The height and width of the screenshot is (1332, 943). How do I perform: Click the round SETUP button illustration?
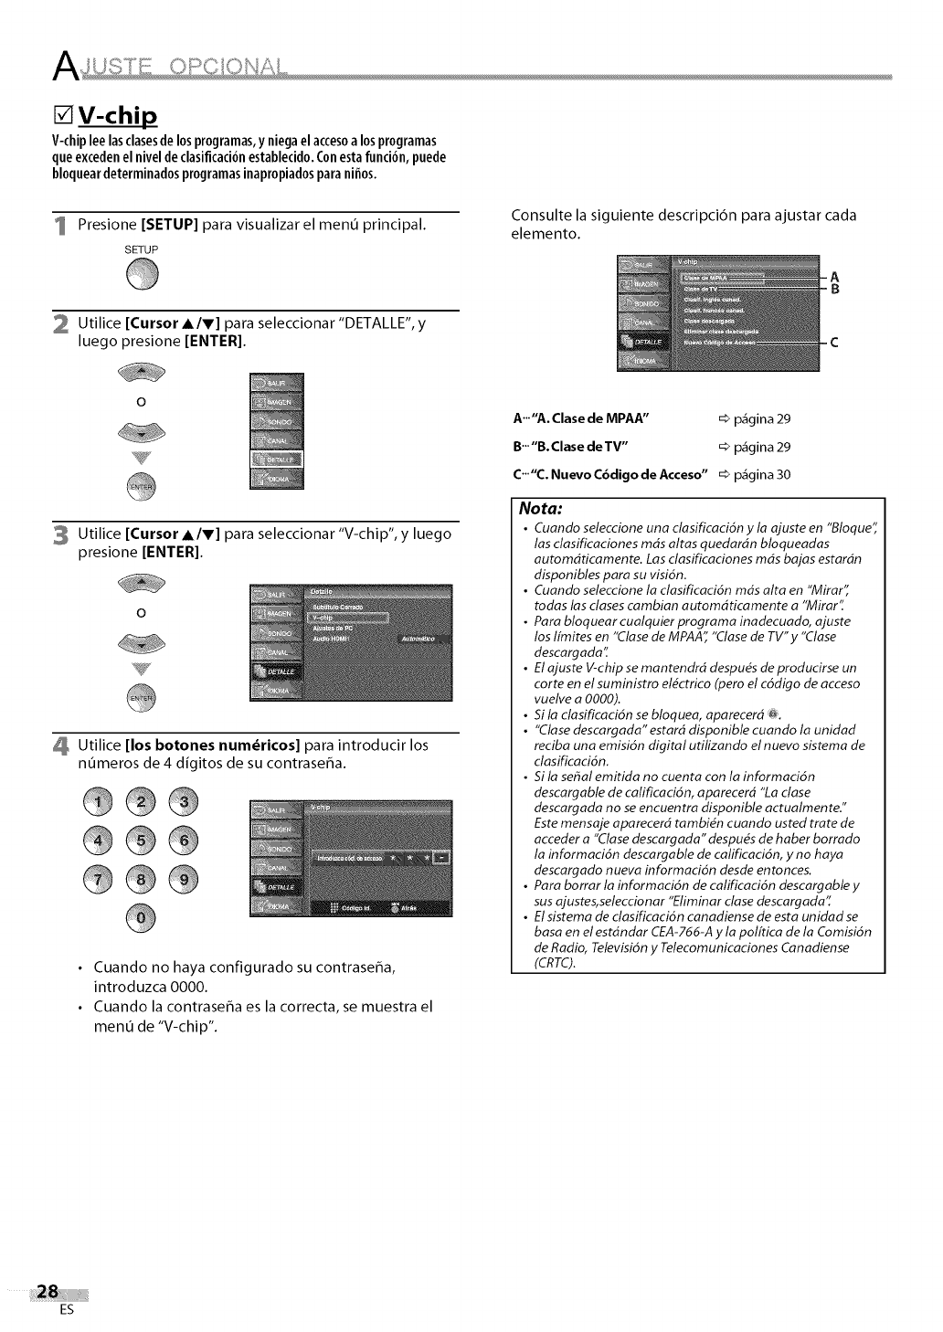tap(143, 272)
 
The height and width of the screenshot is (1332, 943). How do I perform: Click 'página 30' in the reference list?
tap(766, 474)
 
